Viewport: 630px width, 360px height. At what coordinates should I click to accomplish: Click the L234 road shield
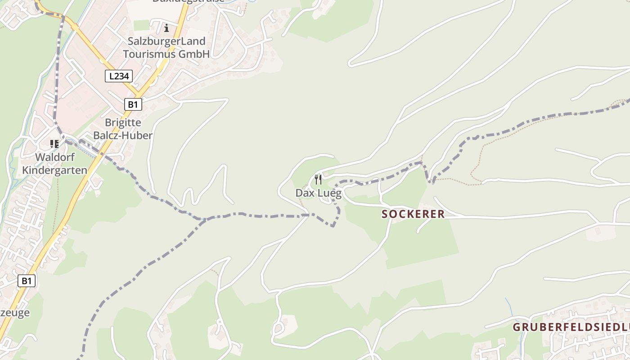point(119,76)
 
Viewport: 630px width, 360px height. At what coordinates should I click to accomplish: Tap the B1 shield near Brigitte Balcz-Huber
point(133,104)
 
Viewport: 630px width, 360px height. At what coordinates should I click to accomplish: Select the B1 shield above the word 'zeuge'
point(27,281)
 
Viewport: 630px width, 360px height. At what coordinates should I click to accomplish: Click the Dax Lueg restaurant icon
point(318,180)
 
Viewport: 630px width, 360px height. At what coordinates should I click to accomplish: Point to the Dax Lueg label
point(318,193)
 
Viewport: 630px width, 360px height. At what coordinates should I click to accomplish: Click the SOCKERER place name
point(413,214)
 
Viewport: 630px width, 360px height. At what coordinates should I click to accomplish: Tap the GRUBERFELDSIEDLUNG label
point(571,327)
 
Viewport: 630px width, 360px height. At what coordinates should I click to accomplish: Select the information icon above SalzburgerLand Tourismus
point(166,28)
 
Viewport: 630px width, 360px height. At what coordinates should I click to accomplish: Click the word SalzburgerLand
point(166,41)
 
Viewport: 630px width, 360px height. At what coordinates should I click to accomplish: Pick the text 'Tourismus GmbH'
point(166,54)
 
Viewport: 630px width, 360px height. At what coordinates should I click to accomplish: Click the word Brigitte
point(123,123)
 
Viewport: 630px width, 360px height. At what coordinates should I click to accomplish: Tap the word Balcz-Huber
point(123,135)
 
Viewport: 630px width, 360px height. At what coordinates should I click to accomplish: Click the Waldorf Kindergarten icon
point(54,144)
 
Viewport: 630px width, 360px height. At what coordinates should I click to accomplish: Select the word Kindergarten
point(54,170)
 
